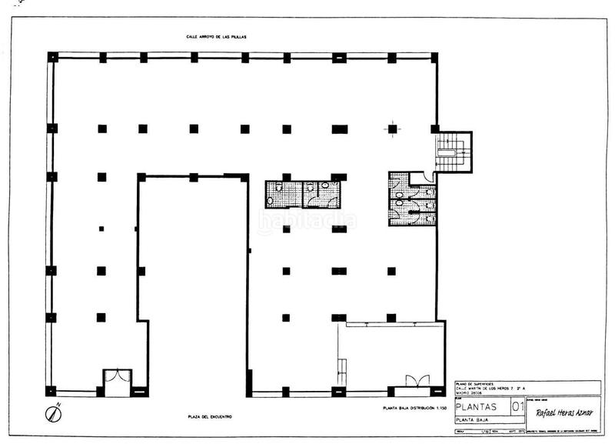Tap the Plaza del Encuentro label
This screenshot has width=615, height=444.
(x=210, y=417)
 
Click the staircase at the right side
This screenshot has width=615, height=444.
(x=453, y=152)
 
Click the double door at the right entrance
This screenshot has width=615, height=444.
(x=417, y=381)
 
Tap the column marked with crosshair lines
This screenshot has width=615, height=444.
(x=392, y=129)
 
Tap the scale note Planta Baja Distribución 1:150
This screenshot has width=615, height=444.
(x=414, y=406)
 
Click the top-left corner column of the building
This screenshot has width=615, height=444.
(x=52, y=57)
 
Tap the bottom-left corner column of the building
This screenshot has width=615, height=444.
(x=51, y=391)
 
